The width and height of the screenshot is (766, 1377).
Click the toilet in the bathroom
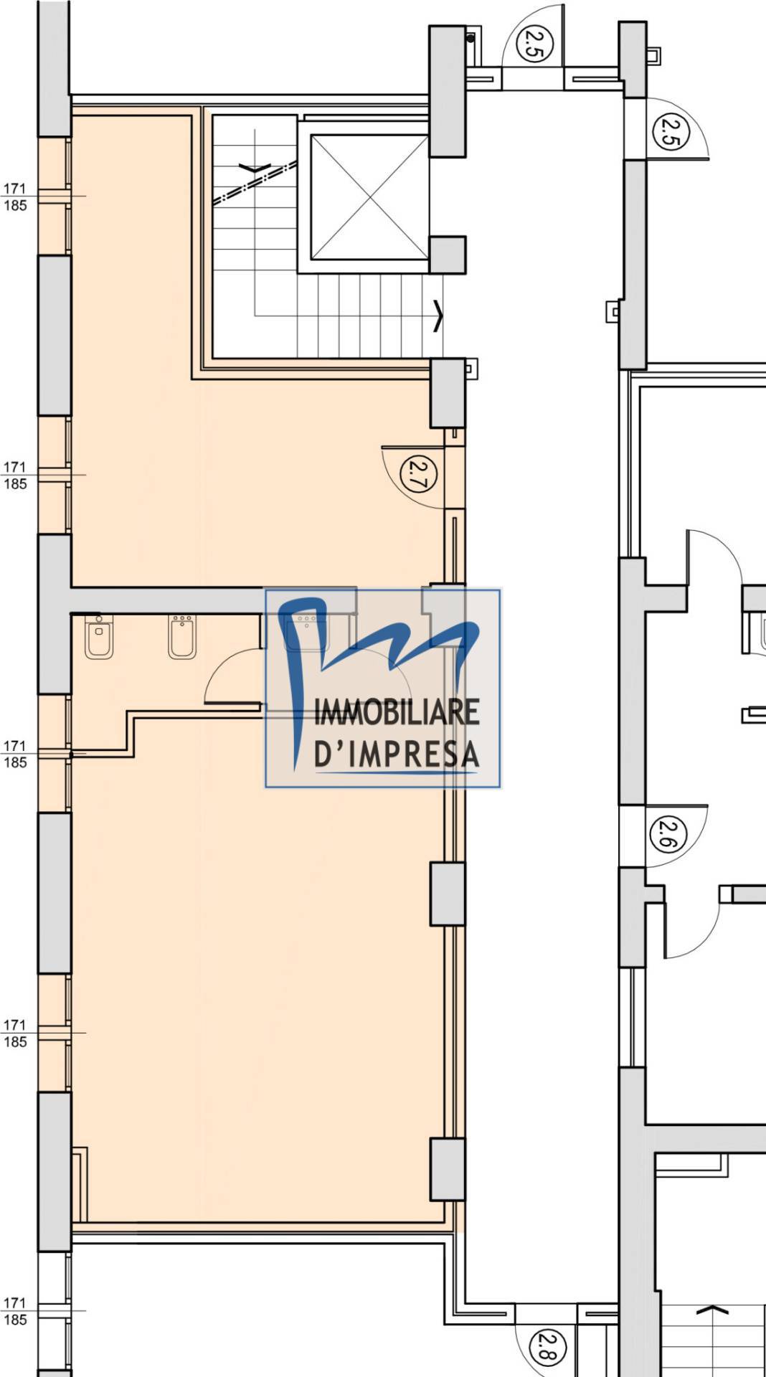tap(98, 637)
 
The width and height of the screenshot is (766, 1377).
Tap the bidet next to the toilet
tap(182, 637)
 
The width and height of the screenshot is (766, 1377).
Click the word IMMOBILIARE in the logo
tap(397, 712)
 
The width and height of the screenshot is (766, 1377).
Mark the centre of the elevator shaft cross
tap(369, 197)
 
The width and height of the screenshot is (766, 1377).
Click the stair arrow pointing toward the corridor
tap(438, 316)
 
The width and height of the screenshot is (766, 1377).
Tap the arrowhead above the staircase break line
tap(255, 169)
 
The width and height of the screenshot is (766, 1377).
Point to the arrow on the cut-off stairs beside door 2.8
tap(712, 1310)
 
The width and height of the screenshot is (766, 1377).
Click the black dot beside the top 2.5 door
tap(471, 37)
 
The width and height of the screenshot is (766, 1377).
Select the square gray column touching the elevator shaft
tap(448, 255)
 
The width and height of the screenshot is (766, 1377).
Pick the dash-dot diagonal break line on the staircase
tap(255, 182)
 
